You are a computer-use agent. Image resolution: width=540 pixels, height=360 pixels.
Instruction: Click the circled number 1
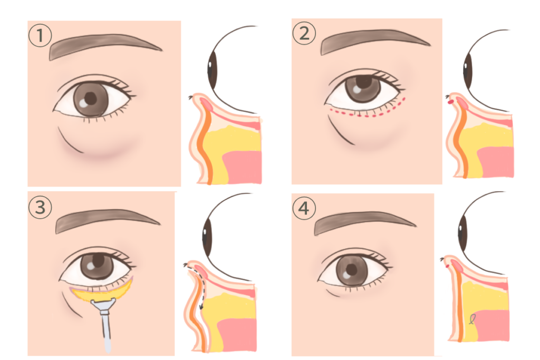40,35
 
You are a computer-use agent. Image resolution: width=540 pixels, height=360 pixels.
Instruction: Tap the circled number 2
304,33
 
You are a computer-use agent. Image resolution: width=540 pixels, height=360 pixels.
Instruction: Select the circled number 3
40,207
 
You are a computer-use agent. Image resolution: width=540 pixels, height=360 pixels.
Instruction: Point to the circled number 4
304,208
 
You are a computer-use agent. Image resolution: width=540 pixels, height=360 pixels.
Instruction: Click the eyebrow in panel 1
103,45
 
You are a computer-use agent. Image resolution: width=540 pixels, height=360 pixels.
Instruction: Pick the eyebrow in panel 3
106,220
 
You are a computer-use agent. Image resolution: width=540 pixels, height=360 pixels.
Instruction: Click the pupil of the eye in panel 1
91,99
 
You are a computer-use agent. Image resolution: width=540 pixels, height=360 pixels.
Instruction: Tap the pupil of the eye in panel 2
364,82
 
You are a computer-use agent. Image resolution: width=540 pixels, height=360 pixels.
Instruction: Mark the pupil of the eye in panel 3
98,261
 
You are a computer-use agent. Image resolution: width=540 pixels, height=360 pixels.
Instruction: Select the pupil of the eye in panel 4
352,269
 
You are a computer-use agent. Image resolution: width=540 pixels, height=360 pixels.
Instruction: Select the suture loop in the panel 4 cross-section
472,319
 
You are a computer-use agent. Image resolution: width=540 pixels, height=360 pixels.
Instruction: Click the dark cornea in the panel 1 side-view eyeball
212,70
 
